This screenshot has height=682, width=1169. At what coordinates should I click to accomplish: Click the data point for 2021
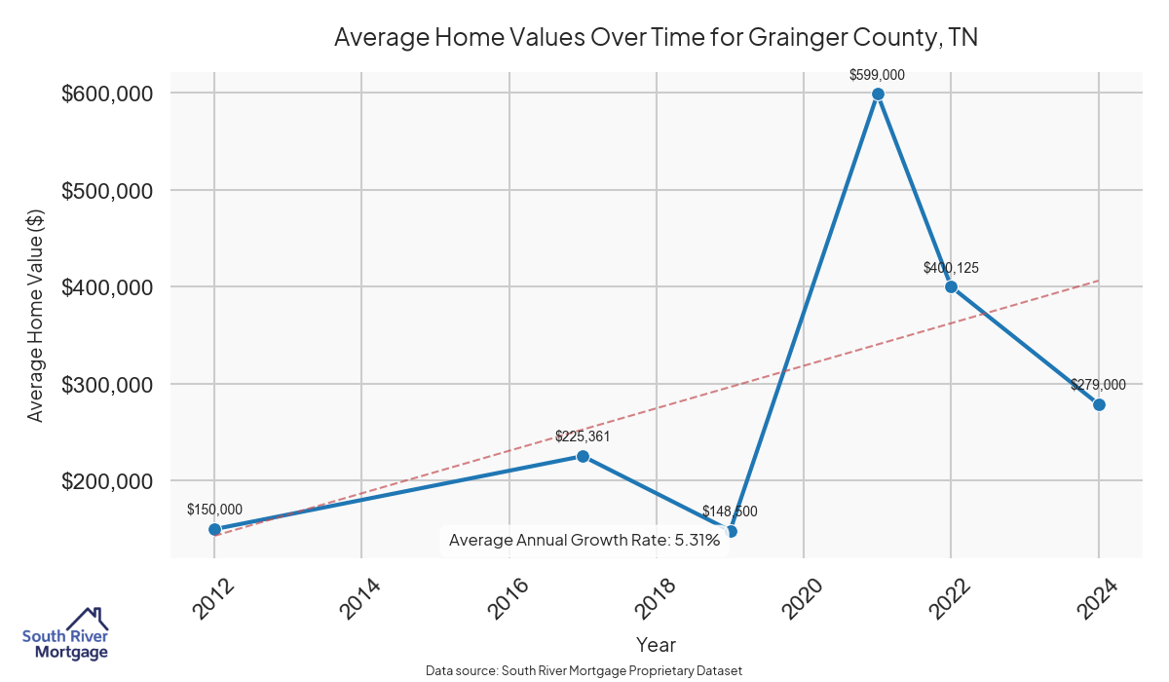click(x=878, y=94)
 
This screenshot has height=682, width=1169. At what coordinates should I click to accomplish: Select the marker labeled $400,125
click(x=951, y=286)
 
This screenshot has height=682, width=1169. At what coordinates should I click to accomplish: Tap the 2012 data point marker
click(x=214, y=529)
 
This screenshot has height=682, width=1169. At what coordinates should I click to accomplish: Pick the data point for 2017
click(x=583, y=456)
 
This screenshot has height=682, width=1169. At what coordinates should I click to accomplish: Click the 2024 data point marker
click(x=1099, y=404)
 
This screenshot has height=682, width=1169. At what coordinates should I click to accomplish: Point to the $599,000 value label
click(x=878, y=74)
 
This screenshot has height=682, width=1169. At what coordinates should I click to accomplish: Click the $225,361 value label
click(x=583, y=436)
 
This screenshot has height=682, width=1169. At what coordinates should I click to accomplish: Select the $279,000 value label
click(x=1098, y=385)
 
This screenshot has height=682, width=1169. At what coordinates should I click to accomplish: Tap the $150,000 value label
click(x=214, y=510)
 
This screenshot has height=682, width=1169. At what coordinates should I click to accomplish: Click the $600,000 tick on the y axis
click(x=107, y=94)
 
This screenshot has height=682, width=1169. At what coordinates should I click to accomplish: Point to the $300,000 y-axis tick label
click(x=107, y=384)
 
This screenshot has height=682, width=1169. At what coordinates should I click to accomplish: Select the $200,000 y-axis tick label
click(x=107, y=480)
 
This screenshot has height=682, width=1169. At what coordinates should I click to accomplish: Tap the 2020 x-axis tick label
click(x=802, y=597)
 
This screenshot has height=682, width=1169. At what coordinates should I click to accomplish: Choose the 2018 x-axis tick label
click(x=655, y=597)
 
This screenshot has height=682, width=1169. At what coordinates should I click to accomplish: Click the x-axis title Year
click(x=656, y=645)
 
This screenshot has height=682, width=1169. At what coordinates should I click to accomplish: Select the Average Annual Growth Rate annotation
click(x=584, y=540)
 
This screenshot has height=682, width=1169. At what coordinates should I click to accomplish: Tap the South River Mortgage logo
click(x=66, y=634)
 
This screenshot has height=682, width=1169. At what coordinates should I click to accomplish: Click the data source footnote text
click(x=584, y=671)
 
